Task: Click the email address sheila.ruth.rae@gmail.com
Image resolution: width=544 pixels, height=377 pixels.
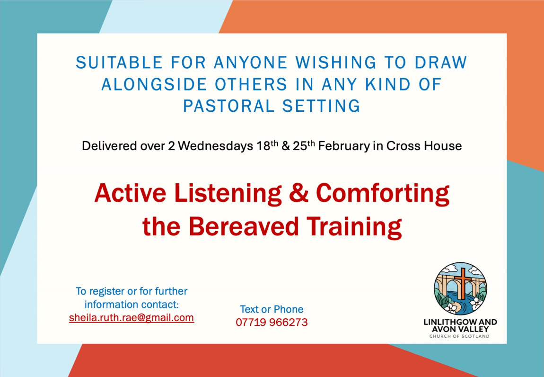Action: tap(132, 318)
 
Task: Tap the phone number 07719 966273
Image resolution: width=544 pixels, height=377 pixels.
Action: tap(272, 323)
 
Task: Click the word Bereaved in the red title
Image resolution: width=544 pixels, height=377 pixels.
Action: tap(244, 226)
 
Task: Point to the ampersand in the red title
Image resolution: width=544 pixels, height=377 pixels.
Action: tap(298, 193)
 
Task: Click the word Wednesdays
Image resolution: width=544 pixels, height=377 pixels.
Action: tap(215, 146)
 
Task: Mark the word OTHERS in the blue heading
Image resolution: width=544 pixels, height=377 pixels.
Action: tap(251, 84)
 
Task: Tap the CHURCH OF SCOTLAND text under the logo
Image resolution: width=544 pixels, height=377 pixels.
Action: tap(459, 336)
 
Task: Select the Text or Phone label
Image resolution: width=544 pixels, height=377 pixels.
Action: tap(272, 309)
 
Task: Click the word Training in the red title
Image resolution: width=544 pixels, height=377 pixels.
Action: tap(354, 227)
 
